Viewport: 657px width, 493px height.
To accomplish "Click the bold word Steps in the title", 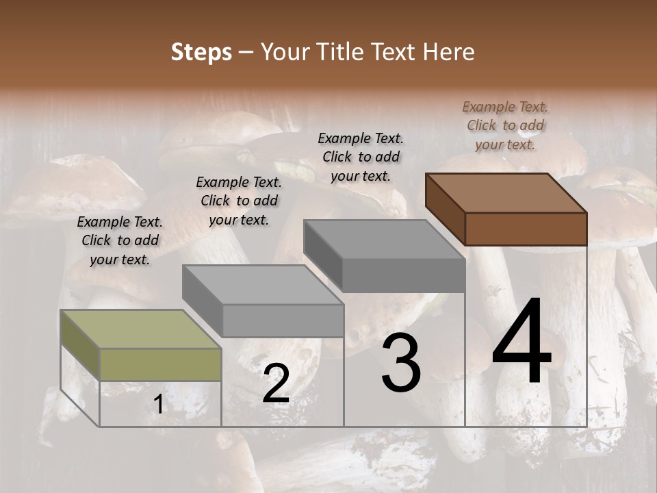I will [x=201, y=52].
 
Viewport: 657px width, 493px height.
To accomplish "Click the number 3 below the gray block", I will [x=401, y=364].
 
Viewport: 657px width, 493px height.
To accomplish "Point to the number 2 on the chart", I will [x=276, y=383].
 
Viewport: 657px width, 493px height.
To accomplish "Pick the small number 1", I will [x=159, y=405].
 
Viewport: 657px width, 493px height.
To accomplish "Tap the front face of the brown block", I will [x=526, y=229].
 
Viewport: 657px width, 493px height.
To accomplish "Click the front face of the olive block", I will [x=160, y=364].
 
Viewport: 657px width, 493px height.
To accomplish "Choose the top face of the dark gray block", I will [x=384, y=239].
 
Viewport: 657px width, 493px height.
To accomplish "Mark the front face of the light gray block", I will [x=283, y=320].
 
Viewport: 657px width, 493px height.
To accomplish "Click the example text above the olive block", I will [x=120, y=240].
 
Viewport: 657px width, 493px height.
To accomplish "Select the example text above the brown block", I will [x=505, y=125].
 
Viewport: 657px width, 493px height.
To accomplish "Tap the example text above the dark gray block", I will [x=361, y=157].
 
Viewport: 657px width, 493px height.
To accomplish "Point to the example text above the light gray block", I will [x=239, y=201].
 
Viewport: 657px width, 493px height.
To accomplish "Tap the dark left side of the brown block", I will [x=445, y=208].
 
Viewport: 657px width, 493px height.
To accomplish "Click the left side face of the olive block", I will [x=80, y=345].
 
